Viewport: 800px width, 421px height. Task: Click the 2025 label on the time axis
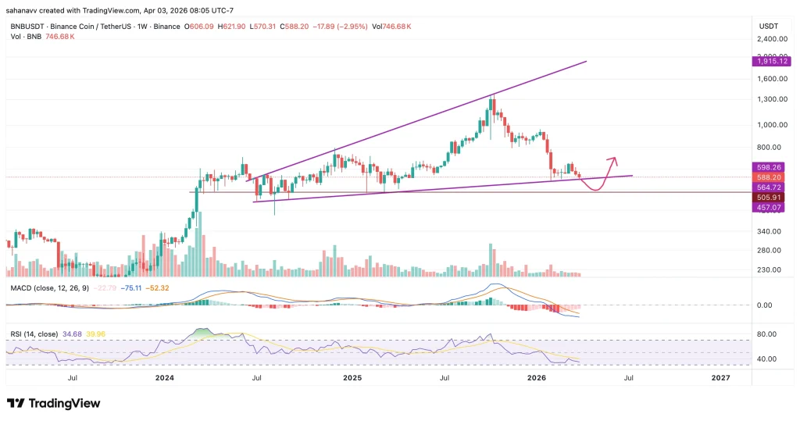point(352,377)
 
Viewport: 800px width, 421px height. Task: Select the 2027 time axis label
point(720,377)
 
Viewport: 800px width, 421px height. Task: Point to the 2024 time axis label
point(164,377)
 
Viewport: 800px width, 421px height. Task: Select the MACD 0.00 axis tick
point(766,305)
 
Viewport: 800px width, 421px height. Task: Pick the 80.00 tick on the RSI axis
point(766,334)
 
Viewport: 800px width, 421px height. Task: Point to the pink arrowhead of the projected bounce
point(615,161)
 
